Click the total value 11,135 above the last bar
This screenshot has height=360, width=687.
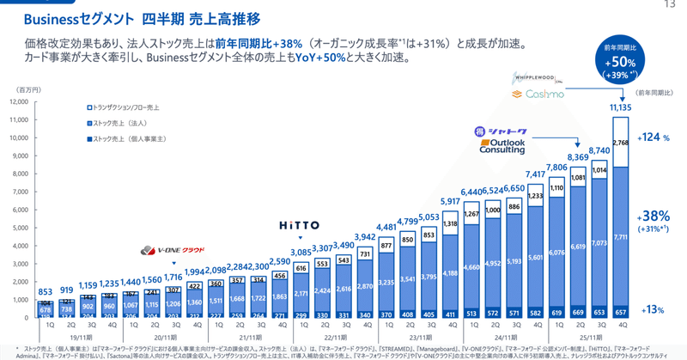(619, 108)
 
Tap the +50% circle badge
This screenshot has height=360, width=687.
(619, 64)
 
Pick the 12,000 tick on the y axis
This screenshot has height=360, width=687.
(18, 102)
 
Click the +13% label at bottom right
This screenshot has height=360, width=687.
(654, 310)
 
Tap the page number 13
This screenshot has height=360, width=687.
(670, 5)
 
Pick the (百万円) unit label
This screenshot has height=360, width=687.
(23, 88)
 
